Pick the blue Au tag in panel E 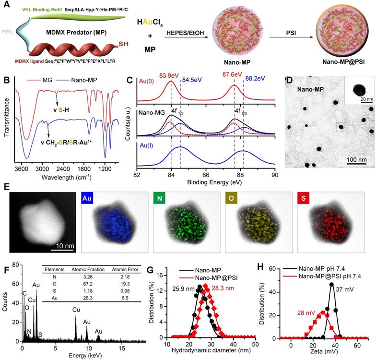(x=88, y=197)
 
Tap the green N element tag (x=159, y=197)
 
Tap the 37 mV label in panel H (x=346, y=289)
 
